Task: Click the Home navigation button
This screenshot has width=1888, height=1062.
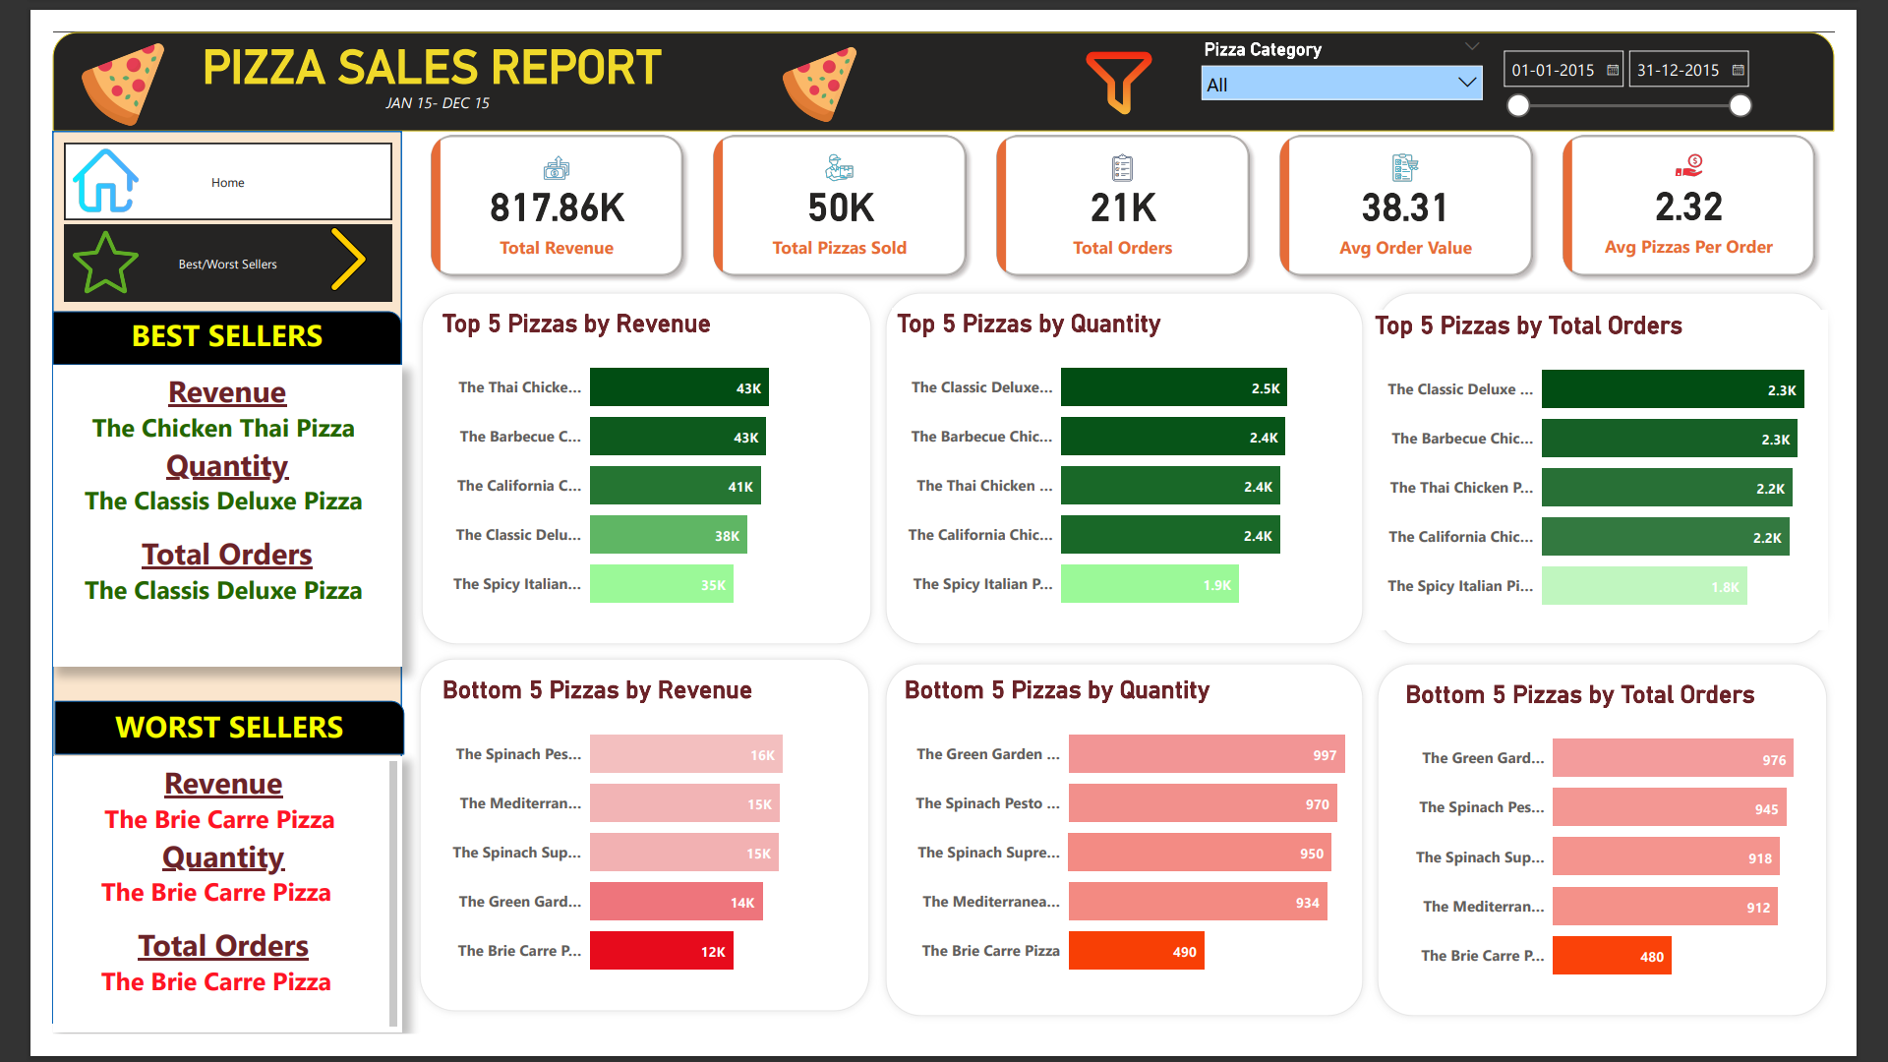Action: pyautogui.click(x=227, y=182)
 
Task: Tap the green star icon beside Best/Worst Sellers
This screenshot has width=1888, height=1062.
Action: pyautogui.click(x=105, y=263)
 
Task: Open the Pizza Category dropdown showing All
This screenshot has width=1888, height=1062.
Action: pyautogui.click(x=1340, y=85)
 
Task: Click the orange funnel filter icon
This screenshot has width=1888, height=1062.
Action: pyautogui.click(x=1118, y=82)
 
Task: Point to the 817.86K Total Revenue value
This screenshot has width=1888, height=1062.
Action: pyautogui.click(x=557, y=207)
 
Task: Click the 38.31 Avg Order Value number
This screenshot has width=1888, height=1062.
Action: pyautogui.click(x=1405, y=207)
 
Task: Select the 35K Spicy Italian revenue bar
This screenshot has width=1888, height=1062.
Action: pyautogui.click(x=661, y=584)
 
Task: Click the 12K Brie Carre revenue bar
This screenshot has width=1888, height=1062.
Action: pyautogui.click(x=661, y=951)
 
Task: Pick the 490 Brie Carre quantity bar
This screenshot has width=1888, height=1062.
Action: pyautogui.click(x=1136, y=951)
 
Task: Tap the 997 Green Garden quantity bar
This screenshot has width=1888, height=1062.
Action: pyautogui.click(x=1206, y=754)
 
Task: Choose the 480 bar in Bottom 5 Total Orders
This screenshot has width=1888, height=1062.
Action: pyautogui.click(x=1611, y=956)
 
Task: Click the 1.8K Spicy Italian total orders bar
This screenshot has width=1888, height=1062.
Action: pyautogui.click(x=1643, y=586)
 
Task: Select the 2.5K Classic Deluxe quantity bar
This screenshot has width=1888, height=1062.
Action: pyautogui.click(x=1173, y=387)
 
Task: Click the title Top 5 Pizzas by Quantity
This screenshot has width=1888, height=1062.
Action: pyautogui.click(x=1029, y=324)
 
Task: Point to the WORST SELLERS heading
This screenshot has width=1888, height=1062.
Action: pyautogui.click(x=228, y=728)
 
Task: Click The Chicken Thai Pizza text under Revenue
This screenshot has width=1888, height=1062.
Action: pyautogui.click(x=223, y=429)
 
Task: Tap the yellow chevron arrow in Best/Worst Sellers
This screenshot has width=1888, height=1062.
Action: pyautogui.click(x=348, y=260)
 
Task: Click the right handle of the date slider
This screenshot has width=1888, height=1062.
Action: pyautogui.click(x=1740, y=105)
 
